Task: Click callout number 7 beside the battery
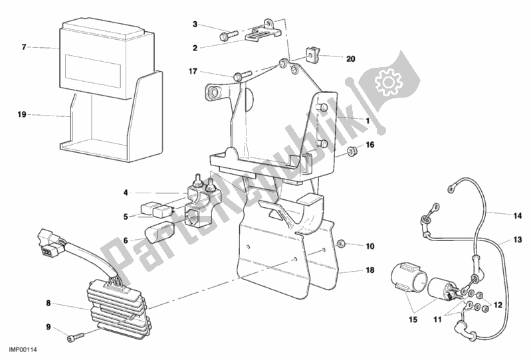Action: tap(23, 47)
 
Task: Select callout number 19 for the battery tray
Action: tap(22, 115)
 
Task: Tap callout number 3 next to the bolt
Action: tap(195, 25)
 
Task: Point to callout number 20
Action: tap(351, 58)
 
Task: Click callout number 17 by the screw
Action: tap(192, 72)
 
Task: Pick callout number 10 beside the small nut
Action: tap(370, 246)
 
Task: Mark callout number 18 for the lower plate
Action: tap(370, 272)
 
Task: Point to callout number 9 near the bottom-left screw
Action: tap(49, 326)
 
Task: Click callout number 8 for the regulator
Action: tap(49, 304)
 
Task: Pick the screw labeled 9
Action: tap(72, 337)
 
